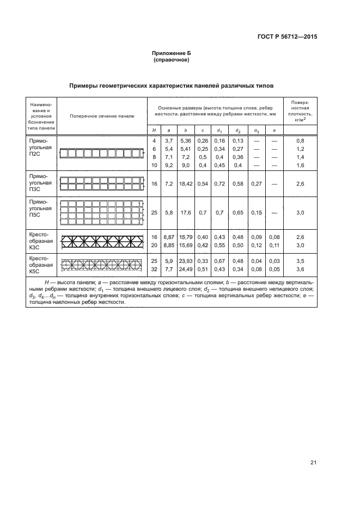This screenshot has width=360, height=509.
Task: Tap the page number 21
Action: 313,463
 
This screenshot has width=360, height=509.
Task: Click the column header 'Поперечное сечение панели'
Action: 102,116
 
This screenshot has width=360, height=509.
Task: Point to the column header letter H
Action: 154,131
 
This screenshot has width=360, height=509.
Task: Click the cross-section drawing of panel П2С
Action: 102,154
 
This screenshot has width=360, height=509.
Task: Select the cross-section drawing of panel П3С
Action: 102,184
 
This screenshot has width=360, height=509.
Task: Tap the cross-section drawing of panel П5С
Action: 102,213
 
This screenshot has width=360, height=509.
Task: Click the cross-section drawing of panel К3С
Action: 102,241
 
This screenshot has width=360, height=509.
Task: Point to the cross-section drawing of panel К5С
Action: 102,265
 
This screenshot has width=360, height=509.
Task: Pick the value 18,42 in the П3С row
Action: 186,184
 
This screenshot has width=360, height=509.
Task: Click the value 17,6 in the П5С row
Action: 186,213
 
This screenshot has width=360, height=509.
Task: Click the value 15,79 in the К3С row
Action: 186,237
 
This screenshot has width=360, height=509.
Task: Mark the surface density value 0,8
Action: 299,141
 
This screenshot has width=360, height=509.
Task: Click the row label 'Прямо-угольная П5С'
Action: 41,208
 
